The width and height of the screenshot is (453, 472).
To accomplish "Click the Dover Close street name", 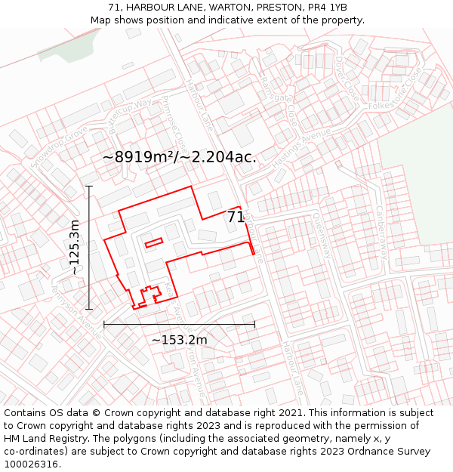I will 346,77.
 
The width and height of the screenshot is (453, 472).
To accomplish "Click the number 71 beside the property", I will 236,217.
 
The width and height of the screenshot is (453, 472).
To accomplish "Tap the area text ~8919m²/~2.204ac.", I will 180,157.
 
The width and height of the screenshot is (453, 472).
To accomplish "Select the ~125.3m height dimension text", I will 75,247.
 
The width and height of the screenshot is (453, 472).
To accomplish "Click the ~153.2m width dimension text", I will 179,340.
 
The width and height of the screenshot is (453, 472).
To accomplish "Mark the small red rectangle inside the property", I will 154,242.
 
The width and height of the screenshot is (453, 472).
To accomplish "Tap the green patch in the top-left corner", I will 63,46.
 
